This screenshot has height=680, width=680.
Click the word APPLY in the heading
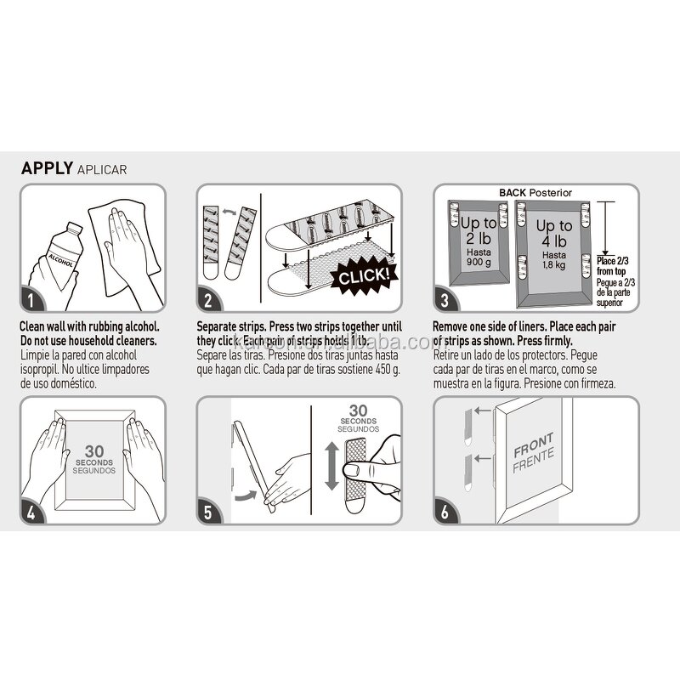click(46, 167)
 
